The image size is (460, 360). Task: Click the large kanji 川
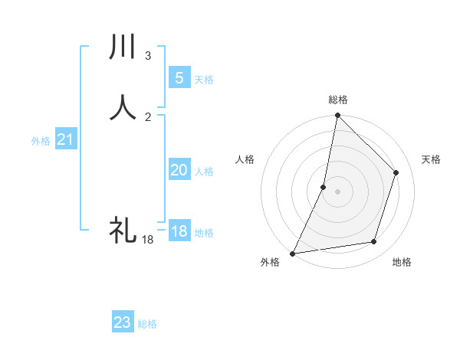(123, 48)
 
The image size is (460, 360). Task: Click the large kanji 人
(123, 108)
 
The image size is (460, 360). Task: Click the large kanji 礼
(123, 229)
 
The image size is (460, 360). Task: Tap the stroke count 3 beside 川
(148, 56)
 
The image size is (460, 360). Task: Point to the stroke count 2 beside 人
(148, 116)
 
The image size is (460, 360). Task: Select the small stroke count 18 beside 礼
(147, 240)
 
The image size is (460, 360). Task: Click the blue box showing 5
(179, 78)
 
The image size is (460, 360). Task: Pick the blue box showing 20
(179, 170)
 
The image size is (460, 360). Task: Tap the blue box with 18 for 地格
(179, 231)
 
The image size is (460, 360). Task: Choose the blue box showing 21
(65, 139)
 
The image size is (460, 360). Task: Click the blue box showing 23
(122, 322)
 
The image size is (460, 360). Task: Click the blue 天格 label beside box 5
(204, 80)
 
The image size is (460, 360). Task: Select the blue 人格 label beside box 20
(205, 172)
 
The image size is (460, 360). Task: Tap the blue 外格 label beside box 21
(41, 141)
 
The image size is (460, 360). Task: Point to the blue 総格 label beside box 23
(147, 324)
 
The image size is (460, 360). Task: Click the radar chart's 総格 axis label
(337, 100)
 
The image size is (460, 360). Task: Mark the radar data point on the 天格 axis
(396, 172)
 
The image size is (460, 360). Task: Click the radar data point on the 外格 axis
(293, 253)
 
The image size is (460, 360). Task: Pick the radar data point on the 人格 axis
(324, 187)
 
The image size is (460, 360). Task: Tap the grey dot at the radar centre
(337, 191)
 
